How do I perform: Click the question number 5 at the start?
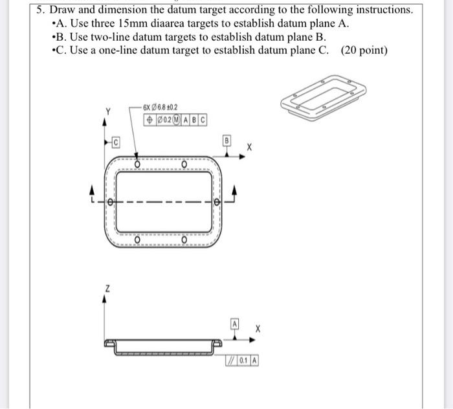point(40,10)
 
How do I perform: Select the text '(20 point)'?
point(364,50)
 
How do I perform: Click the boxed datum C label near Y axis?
point(115,141)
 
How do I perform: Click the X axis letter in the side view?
point(257,329)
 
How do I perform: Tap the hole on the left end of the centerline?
point(111,203)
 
